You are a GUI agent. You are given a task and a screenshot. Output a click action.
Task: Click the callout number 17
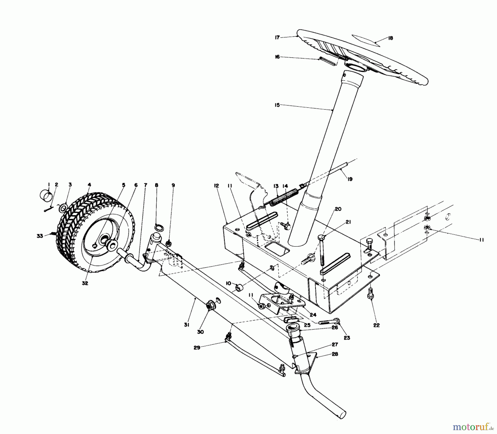[x=277, y=37]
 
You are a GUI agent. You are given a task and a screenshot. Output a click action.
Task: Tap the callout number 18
[x=390, y=38]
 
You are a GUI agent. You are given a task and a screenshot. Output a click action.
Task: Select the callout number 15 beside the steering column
[x=277, y=105]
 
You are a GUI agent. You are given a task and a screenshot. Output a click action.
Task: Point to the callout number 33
[x=40, y=236]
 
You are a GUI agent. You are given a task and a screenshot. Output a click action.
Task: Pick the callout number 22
[x=376, y=325]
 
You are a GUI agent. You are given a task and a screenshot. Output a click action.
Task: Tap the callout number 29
[x=197, y=348]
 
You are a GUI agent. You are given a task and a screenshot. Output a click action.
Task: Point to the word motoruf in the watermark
[x=472, y=427]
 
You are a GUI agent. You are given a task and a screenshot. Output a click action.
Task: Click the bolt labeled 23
[x=329, y=322]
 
